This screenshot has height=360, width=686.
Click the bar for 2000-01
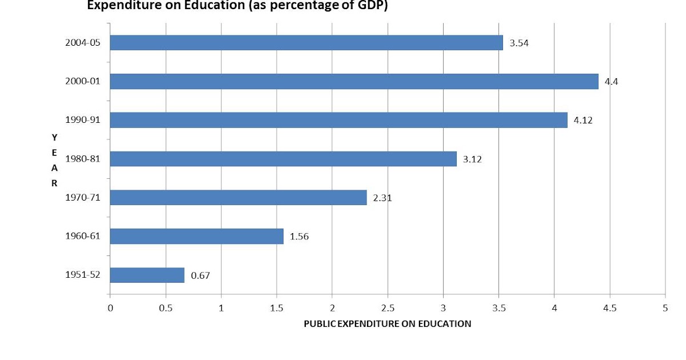354,81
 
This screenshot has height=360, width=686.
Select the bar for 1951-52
147,275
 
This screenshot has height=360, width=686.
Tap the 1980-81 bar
284,159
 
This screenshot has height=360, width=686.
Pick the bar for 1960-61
197,237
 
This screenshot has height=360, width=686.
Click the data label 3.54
519,43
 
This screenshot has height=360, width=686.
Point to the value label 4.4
611,82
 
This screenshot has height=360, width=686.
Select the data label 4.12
583,121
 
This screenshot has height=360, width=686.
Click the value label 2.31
382,198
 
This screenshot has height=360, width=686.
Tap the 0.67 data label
200,275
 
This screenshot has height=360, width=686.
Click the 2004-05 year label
83,42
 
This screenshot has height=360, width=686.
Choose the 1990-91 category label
83,119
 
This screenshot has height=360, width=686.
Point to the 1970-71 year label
83,198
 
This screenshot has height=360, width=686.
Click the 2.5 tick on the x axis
388,308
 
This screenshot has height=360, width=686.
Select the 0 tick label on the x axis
110,308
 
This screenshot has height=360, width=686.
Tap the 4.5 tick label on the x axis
610,308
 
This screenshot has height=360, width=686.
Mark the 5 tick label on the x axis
665,308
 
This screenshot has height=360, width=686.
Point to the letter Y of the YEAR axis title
54,138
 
